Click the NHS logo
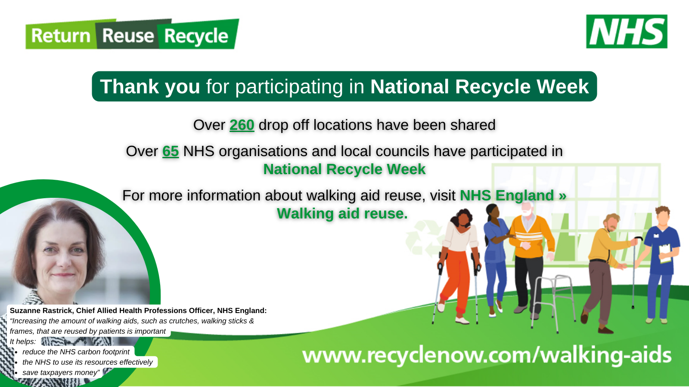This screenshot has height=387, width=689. point(627,31)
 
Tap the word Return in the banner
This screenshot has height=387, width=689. point(61,36)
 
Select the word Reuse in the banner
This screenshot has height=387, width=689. point(128,36)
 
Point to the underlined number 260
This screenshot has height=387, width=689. point(242,125)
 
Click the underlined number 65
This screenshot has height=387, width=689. point(171,151)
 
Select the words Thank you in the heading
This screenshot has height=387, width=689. point(150,86)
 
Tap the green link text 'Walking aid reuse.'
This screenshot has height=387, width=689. point(342,213)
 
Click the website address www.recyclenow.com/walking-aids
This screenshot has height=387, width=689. point(487,356)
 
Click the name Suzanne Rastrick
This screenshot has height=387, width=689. point(41,310)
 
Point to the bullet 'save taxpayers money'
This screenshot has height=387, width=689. point(61,372)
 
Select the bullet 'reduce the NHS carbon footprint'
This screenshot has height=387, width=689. point(76,352)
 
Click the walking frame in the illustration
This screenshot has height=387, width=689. point(553,304)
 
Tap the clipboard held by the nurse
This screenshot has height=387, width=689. point(665,253)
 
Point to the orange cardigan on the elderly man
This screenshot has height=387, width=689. point(531,236)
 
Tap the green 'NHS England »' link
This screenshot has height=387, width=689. point(513,195)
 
